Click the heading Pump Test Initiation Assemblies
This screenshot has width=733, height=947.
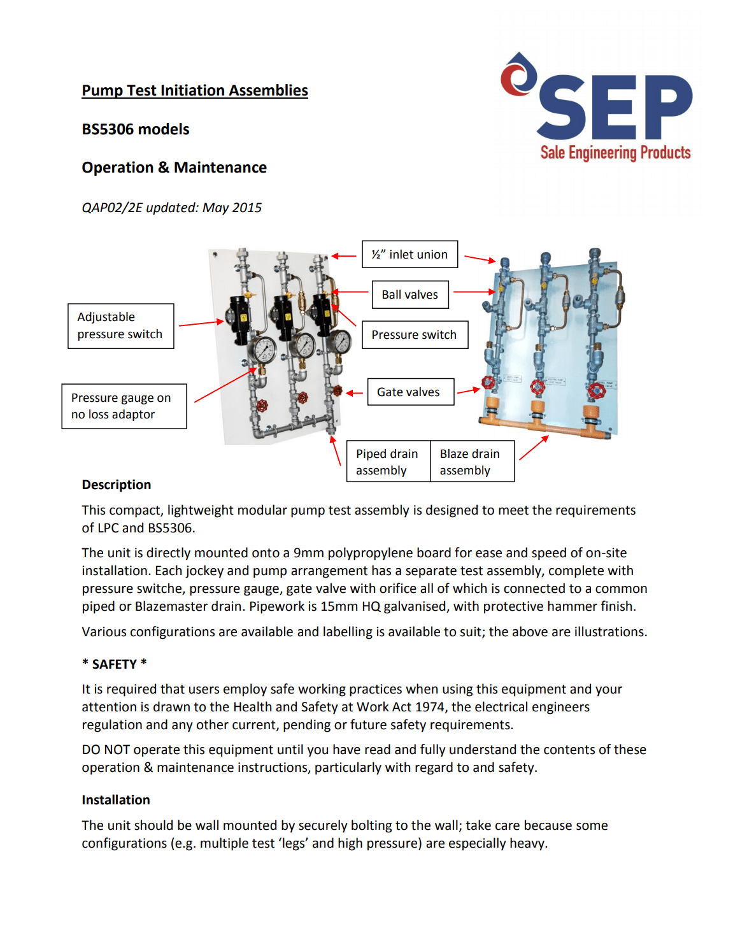point(194,90)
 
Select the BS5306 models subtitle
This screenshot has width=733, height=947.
point(136,129)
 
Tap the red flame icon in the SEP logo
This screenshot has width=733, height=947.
point(518,75)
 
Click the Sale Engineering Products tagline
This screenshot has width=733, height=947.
point(615,153)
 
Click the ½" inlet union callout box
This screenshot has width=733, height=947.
point(409,255)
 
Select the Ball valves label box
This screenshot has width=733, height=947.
point(409,295)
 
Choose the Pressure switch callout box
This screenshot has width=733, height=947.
point(415,335)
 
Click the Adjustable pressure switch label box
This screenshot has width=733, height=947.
point(120,326)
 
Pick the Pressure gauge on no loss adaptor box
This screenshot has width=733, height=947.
point(124,406)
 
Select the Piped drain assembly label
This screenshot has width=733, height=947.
point(388,462)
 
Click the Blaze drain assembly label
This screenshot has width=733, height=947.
point(472,462)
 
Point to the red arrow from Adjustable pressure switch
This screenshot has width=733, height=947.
point(201,324)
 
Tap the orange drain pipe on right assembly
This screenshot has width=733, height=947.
point(541,422)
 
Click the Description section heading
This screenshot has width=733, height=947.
point(117,485)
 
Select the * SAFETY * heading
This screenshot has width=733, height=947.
point(115,664)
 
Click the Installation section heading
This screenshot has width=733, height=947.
point(116,800)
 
